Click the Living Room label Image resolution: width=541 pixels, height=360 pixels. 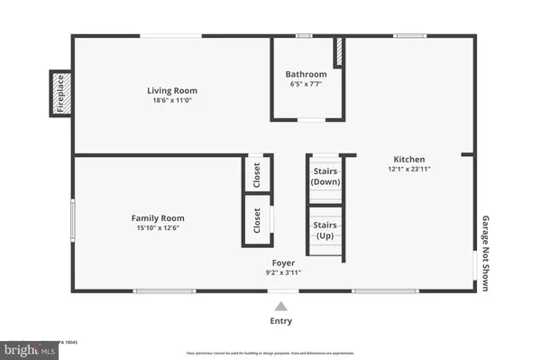(172, 90)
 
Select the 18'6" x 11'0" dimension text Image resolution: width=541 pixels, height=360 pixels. (172, 100)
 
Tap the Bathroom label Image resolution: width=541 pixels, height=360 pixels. (306, 74)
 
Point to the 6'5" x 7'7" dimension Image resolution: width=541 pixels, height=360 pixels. (306, 84)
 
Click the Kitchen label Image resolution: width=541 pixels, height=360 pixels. (409, 159)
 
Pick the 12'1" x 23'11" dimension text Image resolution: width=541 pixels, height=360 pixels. (409, 169)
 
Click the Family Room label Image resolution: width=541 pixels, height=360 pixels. (158, 217)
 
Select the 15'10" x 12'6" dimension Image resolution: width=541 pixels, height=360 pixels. (158, 227)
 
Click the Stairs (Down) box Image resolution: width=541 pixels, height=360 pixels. (326, 176)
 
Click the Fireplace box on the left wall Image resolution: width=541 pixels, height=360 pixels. (60, 94)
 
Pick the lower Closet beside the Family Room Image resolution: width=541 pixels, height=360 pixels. (257, 221)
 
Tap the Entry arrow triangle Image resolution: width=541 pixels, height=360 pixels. (282, 307)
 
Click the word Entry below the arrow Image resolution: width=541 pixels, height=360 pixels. (281, 321)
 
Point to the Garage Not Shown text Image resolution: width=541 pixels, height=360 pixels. (485, 254)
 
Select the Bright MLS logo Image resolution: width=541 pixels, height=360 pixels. (27, 348)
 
